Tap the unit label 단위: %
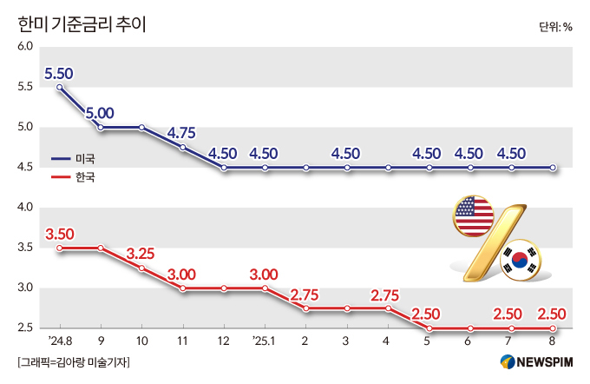pyautogui.click(x=555, y=26)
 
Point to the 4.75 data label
pyautogui.click(x=183, y=133)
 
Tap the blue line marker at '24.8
pyautogui.click(x=60, y=87)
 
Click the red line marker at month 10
pyautogui.click(x=142, y=268)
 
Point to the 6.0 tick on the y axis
pyautogui.click(x=25, y=46)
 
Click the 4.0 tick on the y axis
pyautogui.click(x=25, y=208)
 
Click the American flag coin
pyautogui.click(x=473, y=217)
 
